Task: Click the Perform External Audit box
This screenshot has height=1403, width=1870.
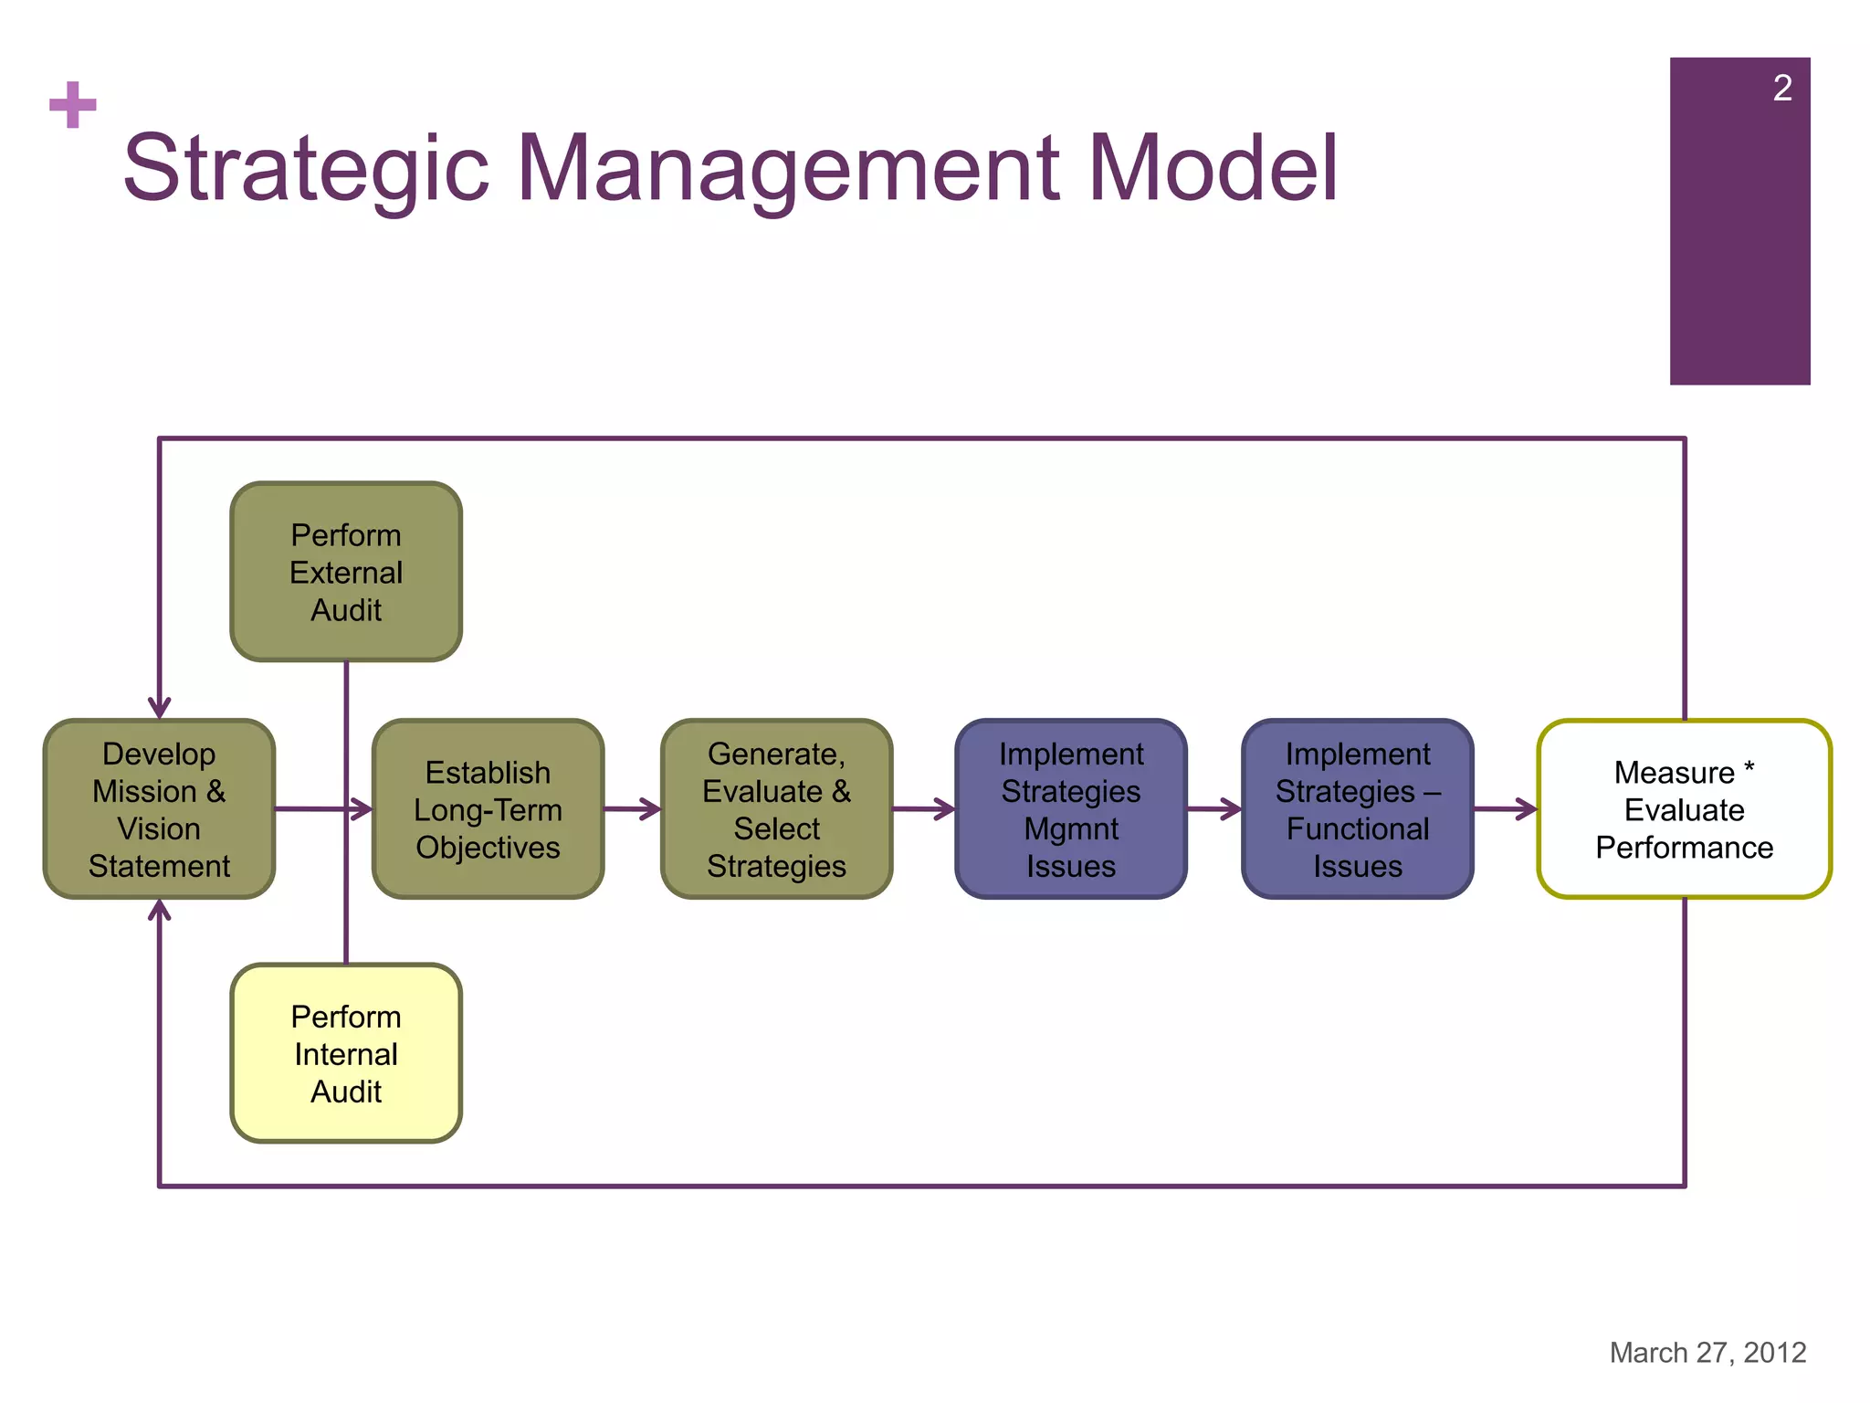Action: (346, 572)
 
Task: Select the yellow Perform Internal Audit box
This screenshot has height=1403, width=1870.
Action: (346, 1053)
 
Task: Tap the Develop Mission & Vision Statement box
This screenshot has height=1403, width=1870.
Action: (159, 809)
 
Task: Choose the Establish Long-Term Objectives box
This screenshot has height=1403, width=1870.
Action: (488, 809)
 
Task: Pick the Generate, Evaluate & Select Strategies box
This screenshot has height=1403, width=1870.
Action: (776, 809)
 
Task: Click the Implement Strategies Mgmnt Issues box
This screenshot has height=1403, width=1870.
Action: (1070, 809)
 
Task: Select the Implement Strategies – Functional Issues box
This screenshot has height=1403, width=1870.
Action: (1357, 809)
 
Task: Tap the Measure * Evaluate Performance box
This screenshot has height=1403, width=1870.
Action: (1684, 809)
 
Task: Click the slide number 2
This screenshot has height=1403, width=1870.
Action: (1781, 89)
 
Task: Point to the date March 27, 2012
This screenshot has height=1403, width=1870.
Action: (1707, 1352)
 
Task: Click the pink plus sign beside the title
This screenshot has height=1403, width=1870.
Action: (73, 105)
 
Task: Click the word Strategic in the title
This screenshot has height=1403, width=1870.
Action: (307, 169)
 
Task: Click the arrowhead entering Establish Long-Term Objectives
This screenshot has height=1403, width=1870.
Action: (362, 808)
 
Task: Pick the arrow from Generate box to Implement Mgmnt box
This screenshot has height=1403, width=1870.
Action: (924, 808)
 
